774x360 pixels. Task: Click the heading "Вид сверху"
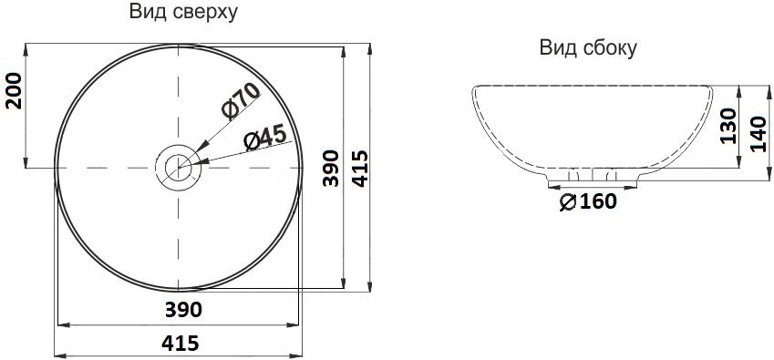(x=183, y=12)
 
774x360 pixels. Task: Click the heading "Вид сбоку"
(x=588, y=47)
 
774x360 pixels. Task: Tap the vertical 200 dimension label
(x=14, y=90)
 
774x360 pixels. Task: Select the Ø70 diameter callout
(x=241, y=101)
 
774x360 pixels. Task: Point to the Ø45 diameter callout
(x=265, y=137)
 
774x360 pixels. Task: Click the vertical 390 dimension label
(x=331, y=169)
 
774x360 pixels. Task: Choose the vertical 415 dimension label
(x=360, y=169)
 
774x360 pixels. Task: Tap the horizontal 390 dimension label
(x=183, y=310)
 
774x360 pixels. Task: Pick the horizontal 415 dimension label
(x=181, y=343)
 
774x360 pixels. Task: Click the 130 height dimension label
(x=728, y=126)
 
